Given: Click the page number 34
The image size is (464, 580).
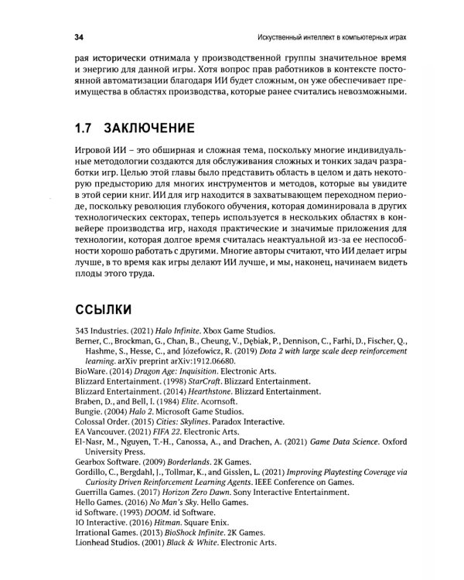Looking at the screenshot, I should click(78, 36).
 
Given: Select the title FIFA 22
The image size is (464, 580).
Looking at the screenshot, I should click(167, 435).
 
